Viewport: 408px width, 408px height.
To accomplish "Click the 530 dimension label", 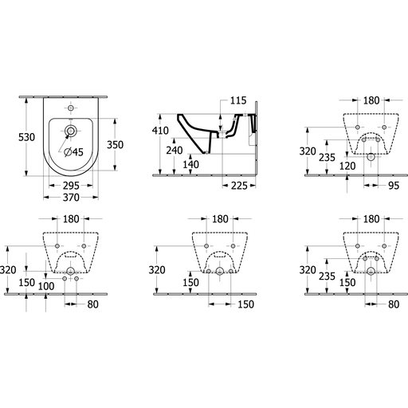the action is [x=26, y=137].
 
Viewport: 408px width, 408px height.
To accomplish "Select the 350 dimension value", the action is [x=115, y=145].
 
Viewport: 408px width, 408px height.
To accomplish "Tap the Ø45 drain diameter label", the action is [x=73, y=152].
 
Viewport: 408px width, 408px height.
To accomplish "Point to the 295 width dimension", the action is [x=71, y=186].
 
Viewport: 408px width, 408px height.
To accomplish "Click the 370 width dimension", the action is [x=71, y=198].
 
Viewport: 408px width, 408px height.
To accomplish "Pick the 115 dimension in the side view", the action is [x=238, y=100].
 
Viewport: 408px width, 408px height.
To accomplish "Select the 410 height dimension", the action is [x=160, y=131].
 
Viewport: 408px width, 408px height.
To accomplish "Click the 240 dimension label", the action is [x=175, y=151].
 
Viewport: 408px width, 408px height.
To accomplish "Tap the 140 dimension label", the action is [x=190, y=164].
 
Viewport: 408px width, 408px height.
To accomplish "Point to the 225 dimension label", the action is [x=239, y=186].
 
